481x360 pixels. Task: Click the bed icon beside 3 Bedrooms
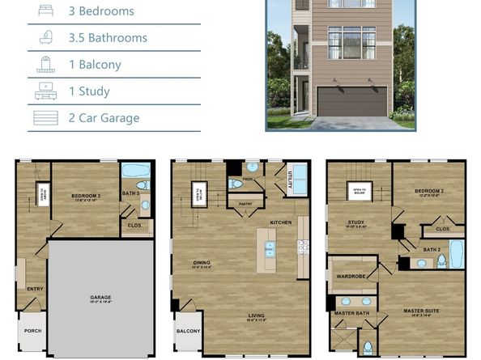[x=46, y=11]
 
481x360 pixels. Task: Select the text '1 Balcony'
[x=95, y=65]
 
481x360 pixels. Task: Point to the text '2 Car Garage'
[x=104, y=118]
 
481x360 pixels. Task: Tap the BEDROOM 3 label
[x=85, y=196]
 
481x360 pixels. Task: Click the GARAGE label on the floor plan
[x=100, y=298]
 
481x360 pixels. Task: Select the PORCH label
[x=32, y=329]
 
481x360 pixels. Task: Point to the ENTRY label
[x=35, y=288]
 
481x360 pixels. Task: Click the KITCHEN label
[x=280, y=222]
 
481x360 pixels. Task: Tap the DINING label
[x=202, y=261]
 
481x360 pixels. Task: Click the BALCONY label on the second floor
[x=188, y=331]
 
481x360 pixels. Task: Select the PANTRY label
[x=245, y=204]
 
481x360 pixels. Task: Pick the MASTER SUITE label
[x=421, y=311]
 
